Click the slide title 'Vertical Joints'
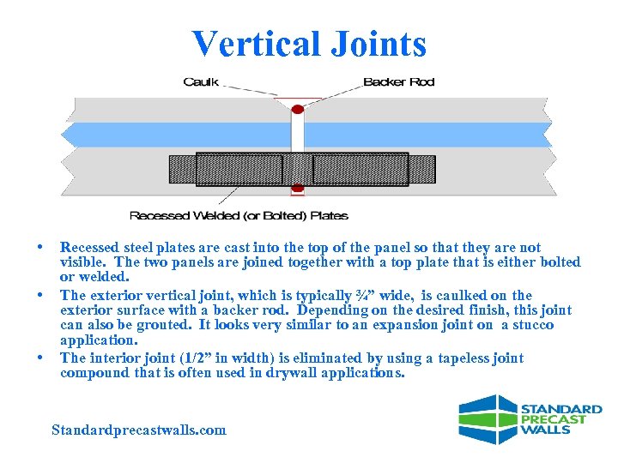[309, 44]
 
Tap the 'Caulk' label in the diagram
[201, 82]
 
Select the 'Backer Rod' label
[399, 82]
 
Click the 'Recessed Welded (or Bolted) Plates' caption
[239, 215]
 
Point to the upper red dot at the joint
[298, 109]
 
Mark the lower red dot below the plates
[298, 188]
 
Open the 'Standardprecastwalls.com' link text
[139, 430]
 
